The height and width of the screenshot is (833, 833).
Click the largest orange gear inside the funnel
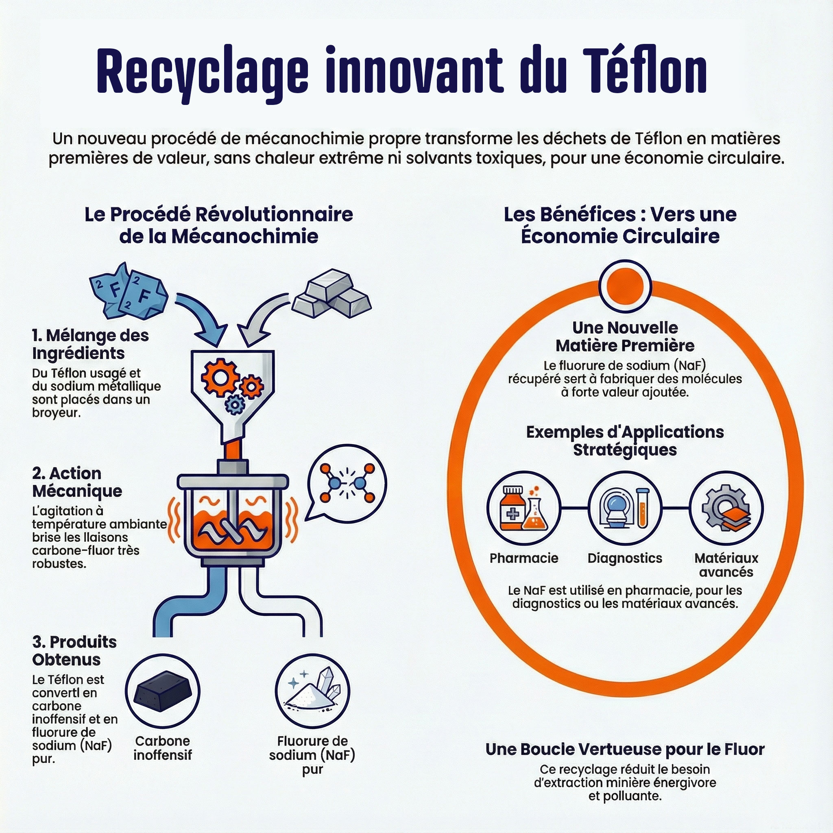tap(220, 378)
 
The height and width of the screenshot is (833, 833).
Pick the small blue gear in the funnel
tap(235, 405)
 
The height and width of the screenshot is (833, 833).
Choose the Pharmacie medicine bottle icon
tap(524, 508)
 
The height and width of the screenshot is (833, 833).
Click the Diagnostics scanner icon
tap(625, 508)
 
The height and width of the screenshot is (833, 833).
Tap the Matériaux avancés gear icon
tap(726, 508)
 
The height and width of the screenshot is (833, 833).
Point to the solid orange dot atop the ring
tap(625, 286)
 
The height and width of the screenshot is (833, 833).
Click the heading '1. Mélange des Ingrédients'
tap(91, 344)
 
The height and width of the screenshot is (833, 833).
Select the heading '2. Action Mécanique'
tap(77, 482)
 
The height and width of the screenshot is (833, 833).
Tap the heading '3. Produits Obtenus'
tap(74, 651)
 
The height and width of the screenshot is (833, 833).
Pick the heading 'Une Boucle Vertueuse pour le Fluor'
tap(625, 749)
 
